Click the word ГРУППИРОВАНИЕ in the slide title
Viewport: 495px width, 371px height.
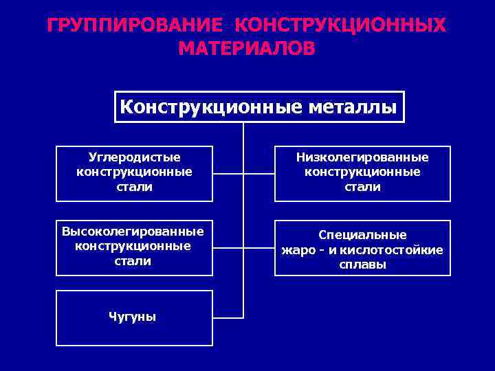point(135,25)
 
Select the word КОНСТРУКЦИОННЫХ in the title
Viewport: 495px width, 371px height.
point(340,25)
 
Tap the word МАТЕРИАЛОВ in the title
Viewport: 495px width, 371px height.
point(247,48)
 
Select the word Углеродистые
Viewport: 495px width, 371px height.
point(134,157)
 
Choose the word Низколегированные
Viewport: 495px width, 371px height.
point(362,157)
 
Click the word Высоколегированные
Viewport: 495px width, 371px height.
point(133,230)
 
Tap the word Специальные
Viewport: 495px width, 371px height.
point(362,234)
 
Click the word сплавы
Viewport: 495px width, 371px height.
point(362,265)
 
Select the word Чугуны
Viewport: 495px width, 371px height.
point(133,317)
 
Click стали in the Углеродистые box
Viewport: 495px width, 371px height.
point(134,187)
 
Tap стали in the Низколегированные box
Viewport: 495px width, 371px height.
point(362,187)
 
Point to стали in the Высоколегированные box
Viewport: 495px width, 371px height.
point(133,260)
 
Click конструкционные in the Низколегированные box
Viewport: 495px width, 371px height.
point(362,172)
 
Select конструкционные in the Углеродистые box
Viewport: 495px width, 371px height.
point(134,172)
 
